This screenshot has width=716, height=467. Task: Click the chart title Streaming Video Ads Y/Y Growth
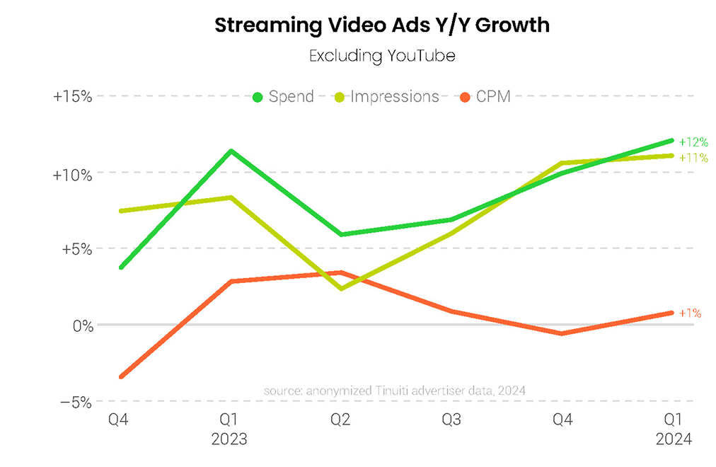coord(382,25)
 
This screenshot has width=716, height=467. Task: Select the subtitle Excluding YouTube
coord(382,56)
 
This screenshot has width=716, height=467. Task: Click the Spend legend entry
coord(283,97)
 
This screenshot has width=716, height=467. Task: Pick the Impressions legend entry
coord(386,97)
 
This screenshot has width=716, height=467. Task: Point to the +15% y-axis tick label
coord(72,96)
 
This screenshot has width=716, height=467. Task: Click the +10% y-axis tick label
coord(72,173)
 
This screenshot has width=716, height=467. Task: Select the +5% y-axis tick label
coord(76,249)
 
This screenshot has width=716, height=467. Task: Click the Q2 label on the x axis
coord(341,420)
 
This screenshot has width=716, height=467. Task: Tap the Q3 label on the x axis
coord(451,420)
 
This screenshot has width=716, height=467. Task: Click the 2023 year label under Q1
coord(230,439)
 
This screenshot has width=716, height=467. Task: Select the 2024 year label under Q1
coord(674,439)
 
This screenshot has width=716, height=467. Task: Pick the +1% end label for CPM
coord(690,313)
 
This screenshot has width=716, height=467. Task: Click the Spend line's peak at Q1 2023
coord(231,151)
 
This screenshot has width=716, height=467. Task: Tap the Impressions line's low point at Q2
coord(342,289)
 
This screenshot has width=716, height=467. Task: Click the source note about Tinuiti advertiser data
coord(394,391)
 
